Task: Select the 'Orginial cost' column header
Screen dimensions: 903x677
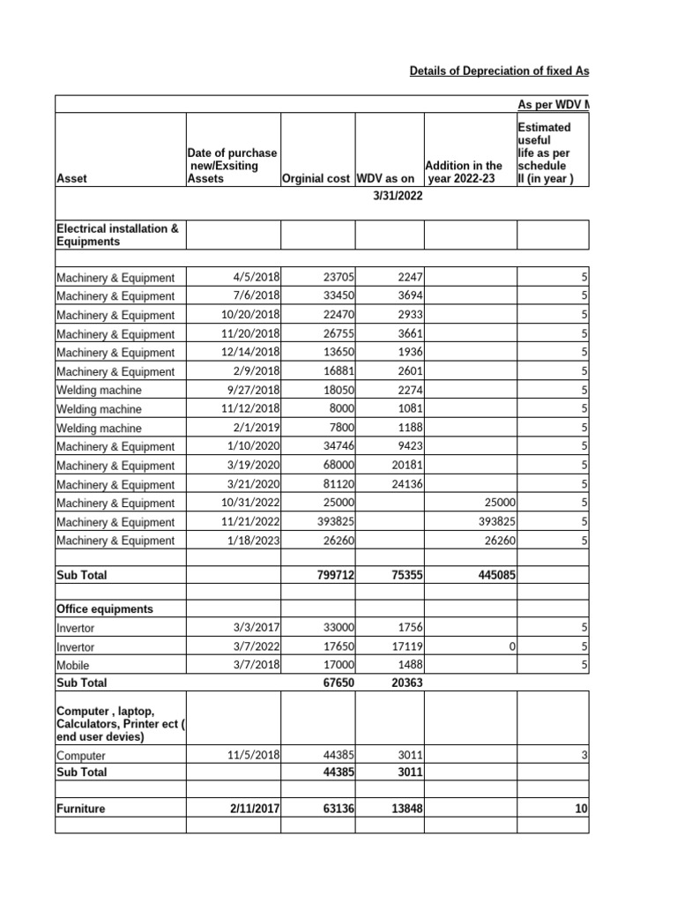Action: click(316, 179)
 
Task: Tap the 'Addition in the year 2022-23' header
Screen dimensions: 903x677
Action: click(464, 172)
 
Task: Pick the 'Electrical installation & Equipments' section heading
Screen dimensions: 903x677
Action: click(117, 235)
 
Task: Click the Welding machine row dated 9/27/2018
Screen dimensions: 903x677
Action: click(99, 390)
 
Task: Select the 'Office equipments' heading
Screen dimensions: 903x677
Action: click(105, 609)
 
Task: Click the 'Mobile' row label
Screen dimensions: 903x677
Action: click(73, 666)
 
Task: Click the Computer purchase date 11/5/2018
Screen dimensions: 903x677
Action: click(253, 756)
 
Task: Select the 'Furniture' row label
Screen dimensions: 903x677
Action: click(81, 808)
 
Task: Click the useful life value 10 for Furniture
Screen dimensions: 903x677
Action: click(581, 808)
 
